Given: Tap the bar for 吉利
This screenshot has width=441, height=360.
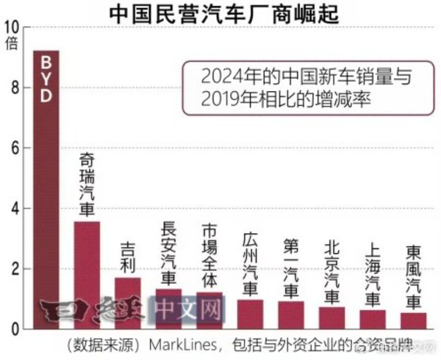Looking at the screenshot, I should [128, 302].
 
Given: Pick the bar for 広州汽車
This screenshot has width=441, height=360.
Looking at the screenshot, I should [250, 314].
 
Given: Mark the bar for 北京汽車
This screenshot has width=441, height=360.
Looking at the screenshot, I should [332, 317].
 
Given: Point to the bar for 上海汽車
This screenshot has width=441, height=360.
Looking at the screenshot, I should [373, 319].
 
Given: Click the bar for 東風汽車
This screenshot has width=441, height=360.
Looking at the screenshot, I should [414, 320].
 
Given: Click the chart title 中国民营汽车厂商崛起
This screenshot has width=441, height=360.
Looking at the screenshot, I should [220, 12].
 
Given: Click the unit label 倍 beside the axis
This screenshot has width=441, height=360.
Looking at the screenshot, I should [11, 42].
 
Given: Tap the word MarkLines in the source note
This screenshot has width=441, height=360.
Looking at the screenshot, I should [180, 345].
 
